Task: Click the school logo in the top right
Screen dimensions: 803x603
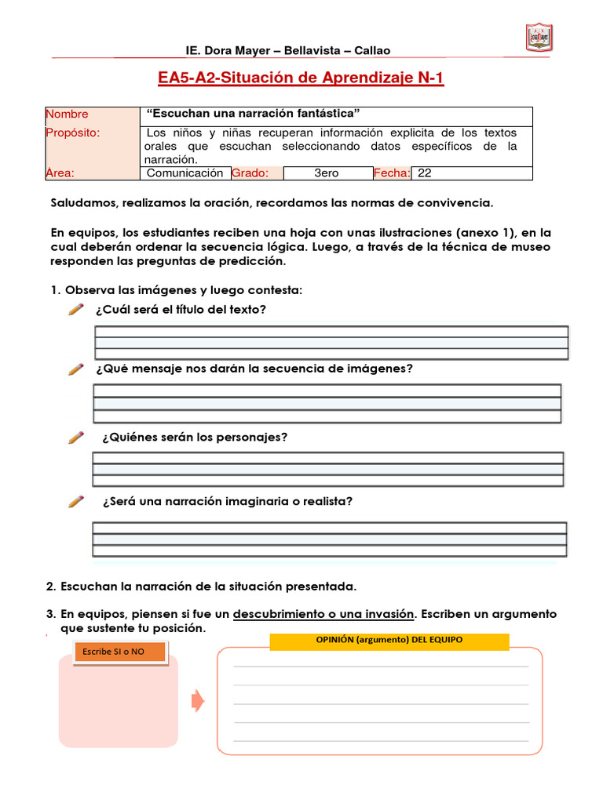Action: tap(538, 37)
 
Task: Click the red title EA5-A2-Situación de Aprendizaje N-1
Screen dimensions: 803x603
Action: tap(301, 79)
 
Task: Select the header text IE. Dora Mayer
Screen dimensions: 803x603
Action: tap(229, 51)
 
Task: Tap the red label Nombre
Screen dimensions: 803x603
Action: tap(68, 114)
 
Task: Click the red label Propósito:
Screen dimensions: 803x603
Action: tap(73, 133)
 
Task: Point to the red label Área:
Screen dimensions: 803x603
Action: tap(60, 173)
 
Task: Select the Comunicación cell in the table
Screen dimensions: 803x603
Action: tap(185, 173)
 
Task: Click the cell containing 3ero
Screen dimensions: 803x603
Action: tap(326, 173)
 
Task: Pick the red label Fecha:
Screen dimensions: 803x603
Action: tap(392, 173)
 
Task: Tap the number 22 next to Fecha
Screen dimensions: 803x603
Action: tap(425, 173)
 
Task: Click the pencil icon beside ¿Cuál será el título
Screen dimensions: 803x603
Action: tap(76, 310)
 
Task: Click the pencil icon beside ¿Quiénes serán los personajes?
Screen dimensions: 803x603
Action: tap(76, 438)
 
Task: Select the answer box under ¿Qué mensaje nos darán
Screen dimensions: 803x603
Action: tap(327, 404)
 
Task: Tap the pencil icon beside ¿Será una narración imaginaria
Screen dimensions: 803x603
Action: tap(76, 502)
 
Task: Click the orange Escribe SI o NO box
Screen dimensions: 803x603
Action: tap(119, 652)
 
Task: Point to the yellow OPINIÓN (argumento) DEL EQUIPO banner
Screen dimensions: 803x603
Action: tap(389, 641)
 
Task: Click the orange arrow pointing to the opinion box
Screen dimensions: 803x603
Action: tap(198, 700)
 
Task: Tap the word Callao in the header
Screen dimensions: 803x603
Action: tap(372, 51)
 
